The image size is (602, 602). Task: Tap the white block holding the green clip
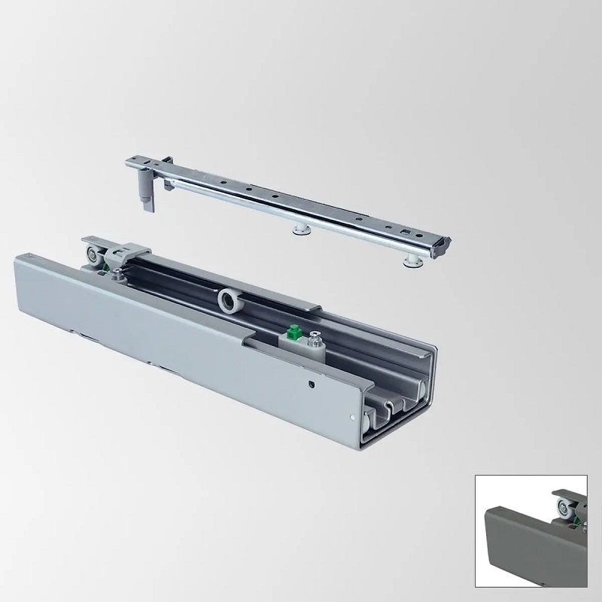299,342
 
